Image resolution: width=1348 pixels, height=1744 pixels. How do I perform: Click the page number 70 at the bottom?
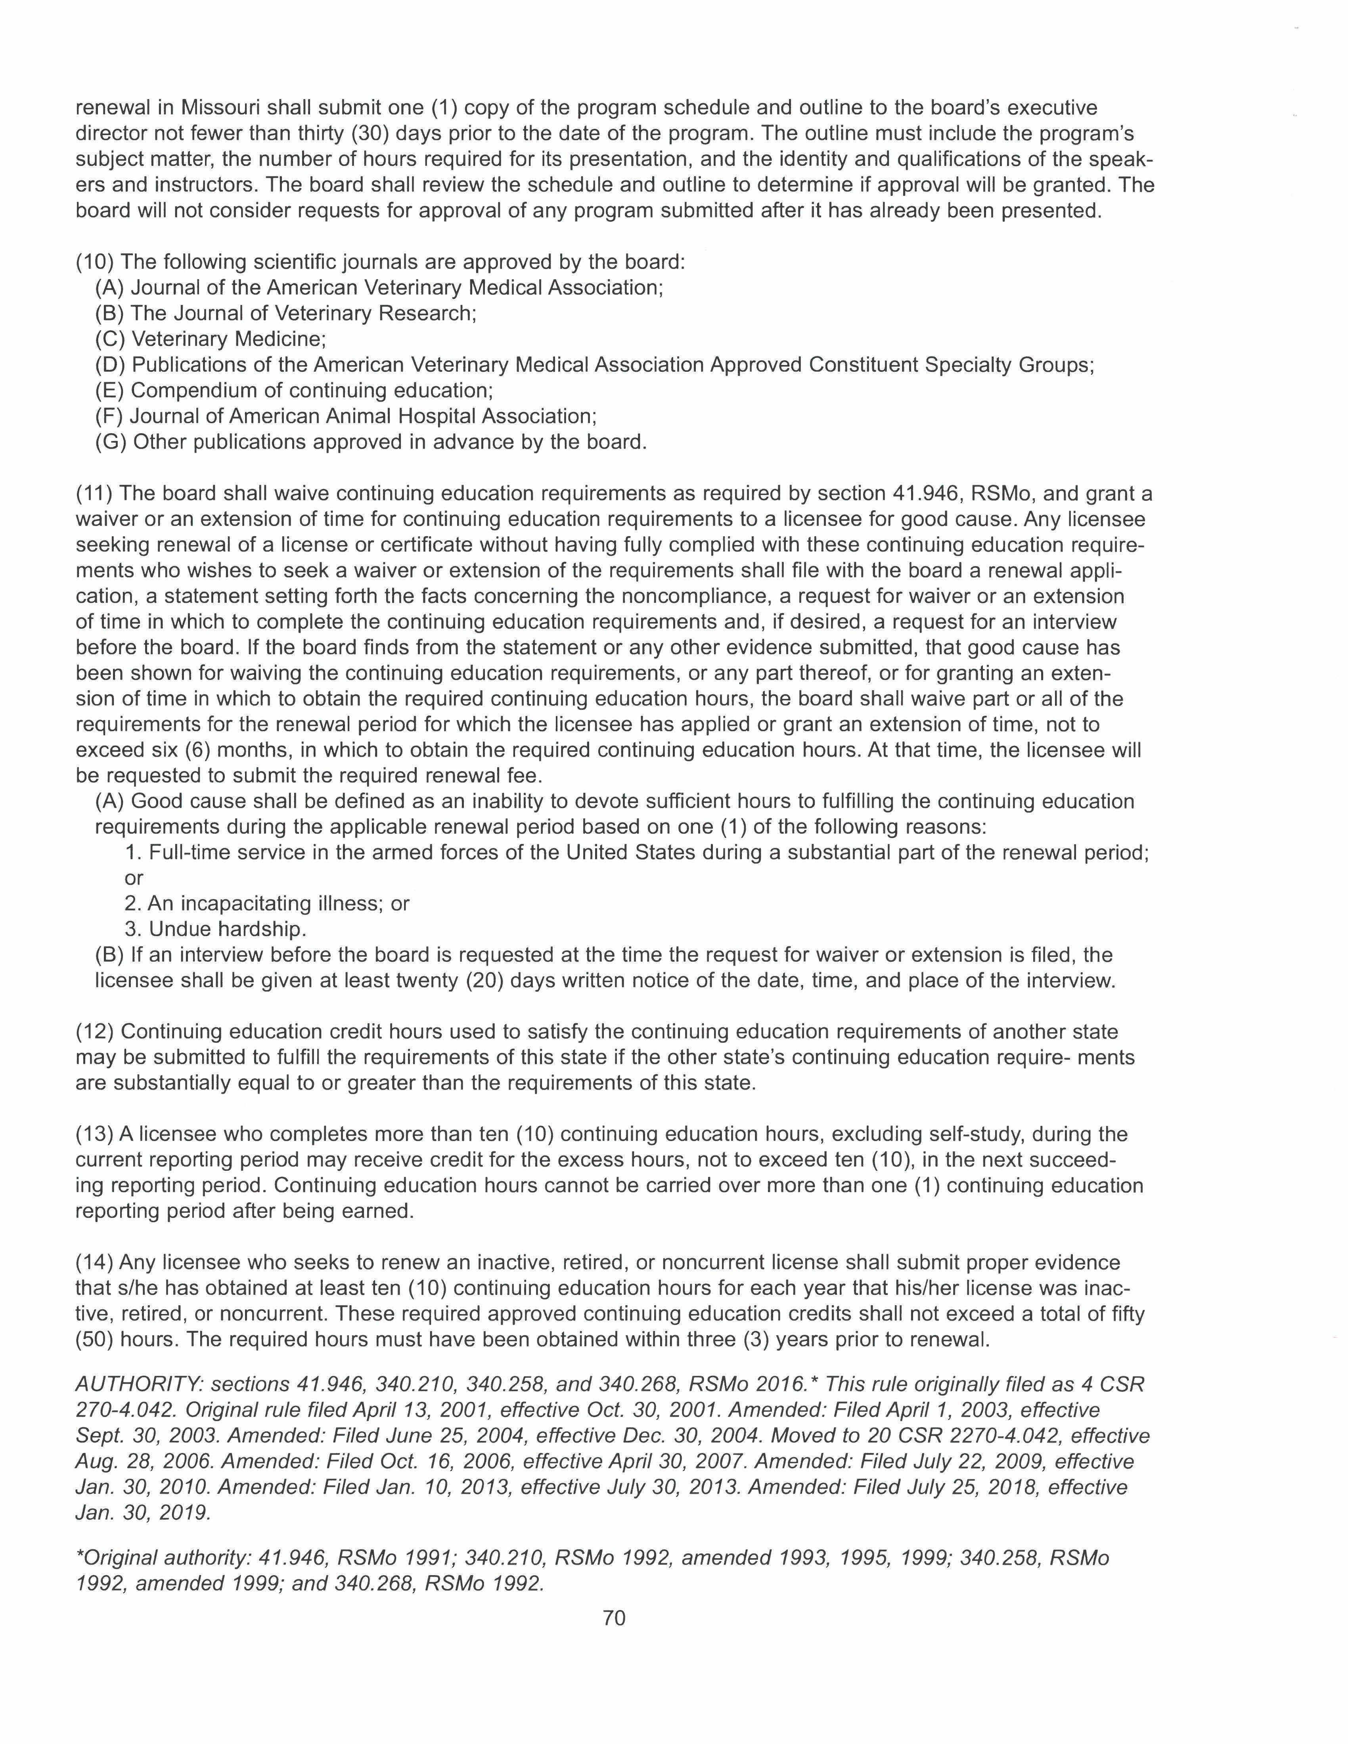point(614,1618)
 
